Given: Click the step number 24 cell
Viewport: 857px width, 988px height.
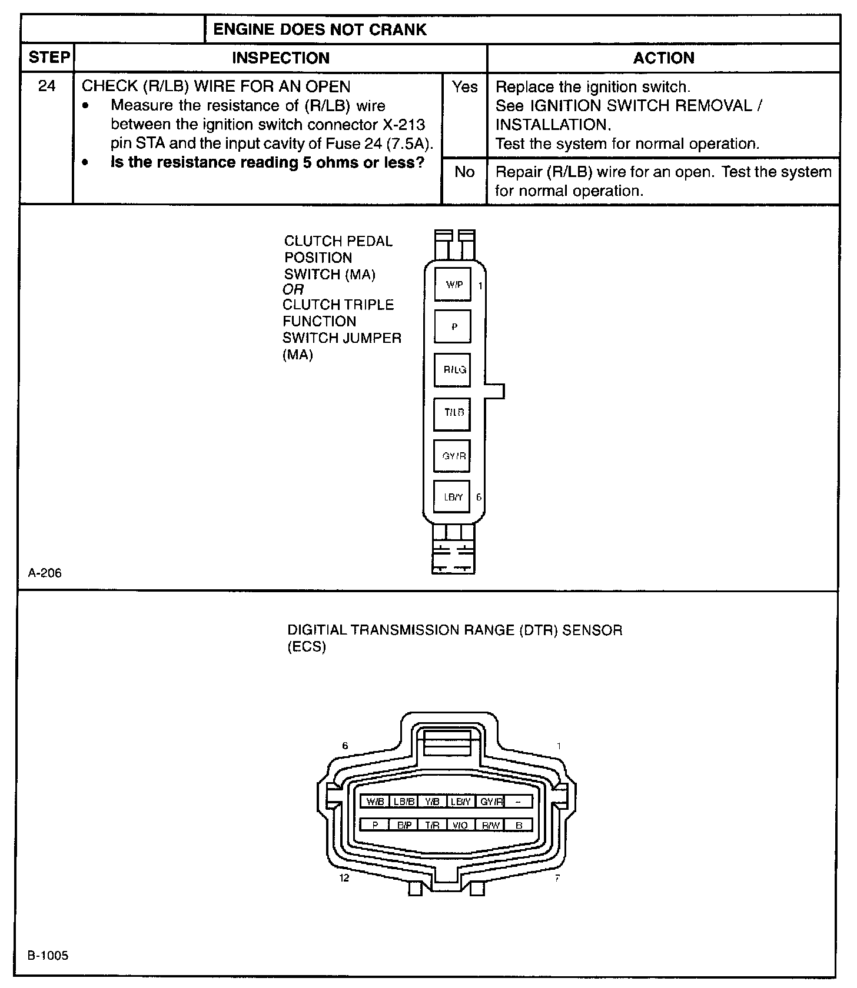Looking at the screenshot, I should click(x=46, y=86).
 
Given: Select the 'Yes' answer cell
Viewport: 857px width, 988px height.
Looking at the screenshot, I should click(x=464, y=87).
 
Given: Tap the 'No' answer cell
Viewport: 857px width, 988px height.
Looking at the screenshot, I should click(x=464, y=172).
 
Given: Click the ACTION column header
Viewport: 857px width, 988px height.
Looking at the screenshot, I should click(x=663, y=58).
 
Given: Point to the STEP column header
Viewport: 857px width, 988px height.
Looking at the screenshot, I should click(x=49, y=58).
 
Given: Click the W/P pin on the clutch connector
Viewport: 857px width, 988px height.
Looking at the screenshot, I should click(x=453, y=285).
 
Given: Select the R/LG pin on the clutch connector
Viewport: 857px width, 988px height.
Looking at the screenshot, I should click(x=453, y=370).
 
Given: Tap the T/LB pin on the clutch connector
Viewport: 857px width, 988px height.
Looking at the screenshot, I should click(x=453, y=413).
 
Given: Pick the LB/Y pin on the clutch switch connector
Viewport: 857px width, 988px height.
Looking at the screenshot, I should click(x=452, y=498).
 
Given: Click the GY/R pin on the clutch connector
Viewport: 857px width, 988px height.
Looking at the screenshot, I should click(x=453, y=456).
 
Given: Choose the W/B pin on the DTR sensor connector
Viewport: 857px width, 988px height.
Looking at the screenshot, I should click(x=374, y=802).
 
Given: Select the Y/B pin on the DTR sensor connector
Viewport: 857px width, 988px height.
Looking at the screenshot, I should click(x=432, y=802).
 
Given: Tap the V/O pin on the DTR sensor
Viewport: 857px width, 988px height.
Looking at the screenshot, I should click(x=461, y=825).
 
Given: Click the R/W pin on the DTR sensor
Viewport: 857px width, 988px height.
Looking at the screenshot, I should click(x=490, y=825).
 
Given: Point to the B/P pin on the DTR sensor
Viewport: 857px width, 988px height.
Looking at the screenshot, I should click(x=404, y=825).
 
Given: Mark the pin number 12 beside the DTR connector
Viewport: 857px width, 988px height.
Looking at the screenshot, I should click(x=344, y=878).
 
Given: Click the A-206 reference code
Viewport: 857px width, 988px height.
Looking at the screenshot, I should click(x=45, y=573).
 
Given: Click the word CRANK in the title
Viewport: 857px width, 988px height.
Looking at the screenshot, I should click(x=399, y=29).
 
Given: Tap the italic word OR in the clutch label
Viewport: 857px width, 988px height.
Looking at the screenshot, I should click(x=293, y=289).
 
